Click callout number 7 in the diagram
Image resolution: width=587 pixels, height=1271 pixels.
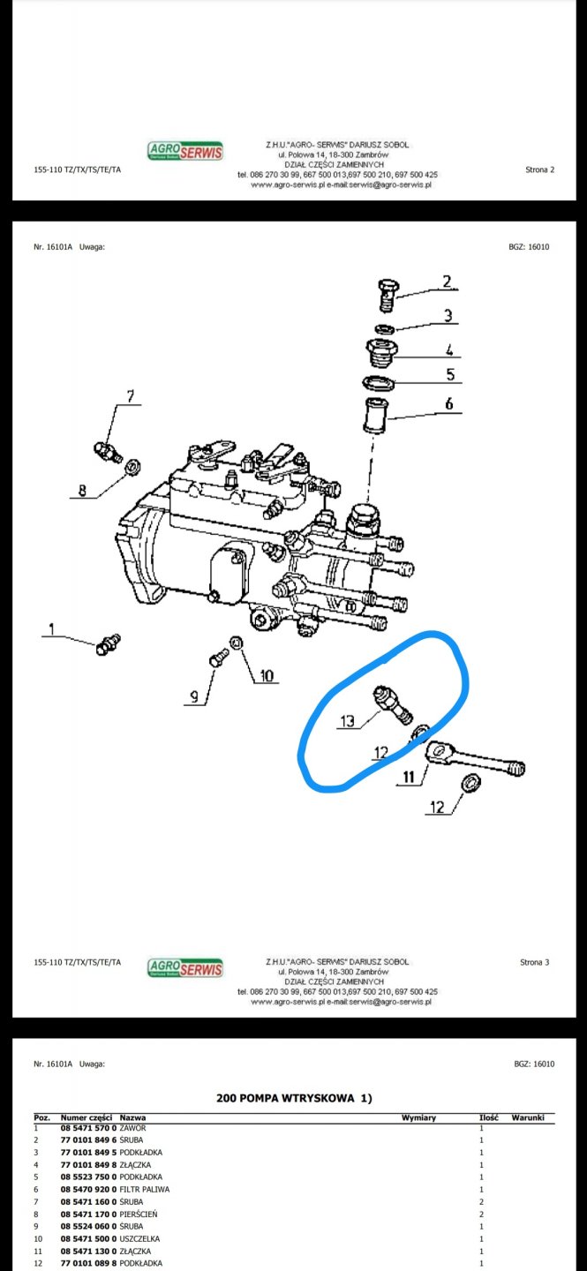131,395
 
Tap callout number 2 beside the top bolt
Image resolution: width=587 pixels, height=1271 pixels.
448,282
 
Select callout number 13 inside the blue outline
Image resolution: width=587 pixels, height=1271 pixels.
347,720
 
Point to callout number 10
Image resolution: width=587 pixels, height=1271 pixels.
267,675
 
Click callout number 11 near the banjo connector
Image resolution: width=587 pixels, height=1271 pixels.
409,777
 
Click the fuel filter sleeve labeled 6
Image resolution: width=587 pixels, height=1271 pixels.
375,416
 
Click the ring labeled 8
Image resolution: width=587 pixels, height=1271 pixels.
132,467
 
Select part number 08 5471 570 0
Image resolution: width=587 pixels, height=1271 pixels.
88,1128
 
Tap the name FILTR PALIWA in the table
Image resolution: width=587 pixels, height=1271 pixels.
145,1189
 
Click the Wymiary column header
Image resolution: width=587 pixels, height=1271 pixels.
419,1117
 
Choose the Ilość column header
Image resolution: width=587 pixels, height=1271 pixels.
489,1117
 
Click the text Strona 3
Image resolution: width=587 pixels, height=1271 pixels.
535,962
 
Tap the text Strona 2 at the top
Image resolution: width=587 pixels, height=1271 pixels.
540,169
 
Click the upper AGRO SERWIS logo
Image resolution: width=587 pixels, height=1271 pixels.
185,151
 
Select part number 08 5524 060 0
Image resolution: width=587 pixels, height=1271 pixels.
88,1226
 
